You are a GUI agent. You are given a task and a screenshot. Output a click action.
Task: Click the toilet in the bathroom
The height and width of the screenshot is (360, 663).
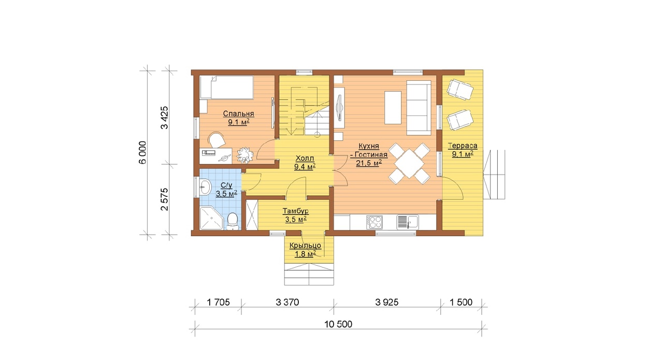click(233, 221)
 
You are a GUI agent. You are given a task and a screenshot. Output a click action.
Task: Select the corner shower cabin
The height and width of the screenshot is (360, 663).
click(211, 218)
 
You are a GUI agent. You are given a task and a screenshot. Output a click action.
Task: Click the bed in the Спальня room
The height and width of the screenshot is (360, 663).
click(227, 87)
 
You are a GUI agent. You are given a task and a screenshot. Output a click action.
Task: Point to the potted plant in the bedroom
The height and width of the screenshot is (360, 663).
click(246, 155)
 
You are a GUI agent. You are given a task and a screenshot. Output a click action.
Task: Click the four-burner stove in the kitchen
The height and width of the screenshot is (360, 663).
click(374, 222)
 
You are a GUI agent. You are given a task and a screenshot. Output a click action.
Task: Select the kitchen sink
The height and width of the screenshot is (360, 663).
click(408, 222)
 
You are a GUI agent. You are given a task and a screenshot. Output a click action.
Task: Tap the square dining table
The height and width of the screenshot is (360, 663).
click(409, 164)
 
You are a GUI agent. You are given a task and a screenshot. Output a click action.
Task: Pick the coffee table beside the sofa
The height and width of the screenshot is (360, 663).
click(393, 107)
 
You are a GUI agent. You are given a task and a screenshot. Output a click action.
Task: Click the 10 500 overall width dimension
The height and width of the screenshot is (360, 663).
click(338, 324)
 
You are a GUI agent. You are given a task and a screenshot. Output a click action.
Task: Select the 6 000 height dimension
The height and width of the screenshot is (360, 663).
click(142, 152)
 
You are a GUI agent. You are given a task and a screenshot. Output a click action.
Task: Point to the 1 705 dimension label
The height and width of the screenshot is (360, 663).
click(218, 303)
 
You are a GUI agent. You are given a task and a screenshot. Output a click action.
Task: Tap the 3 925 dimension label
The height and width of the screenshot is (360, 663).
click(387, 303)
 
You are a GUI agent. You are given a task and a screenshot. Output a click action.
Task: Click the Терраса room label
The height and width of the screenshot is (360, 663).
click(463, 146)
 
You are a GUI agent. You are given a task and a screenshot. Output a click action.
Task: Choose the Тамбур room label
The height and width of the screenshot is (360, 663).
click(296, 211)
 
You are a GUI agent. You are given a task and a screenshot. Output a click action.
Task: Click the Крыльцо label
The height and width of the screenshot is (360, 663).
click(305, 246)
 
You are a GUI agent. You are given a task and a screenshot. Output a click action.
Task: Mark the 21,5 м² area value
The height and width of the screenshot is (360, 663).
click(368, 163)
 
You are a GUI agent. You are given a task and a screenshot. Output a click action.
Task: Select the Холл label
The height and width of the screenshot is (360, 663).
click(305, 159)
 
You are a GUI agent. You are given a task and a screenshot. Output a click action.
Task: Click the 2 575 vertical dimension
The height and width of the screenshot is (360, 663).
click(164, 199)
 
